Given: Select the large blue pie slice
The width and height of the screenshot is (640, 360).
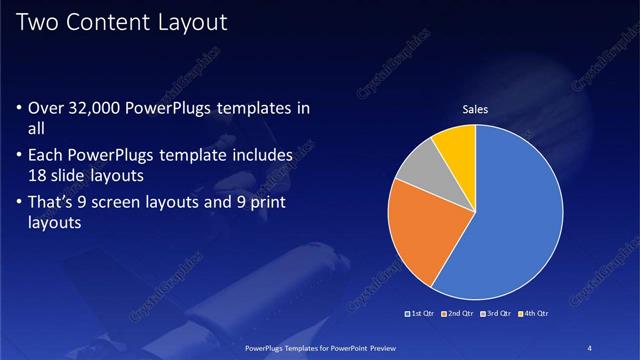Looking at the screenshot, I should click(x=510, y=220).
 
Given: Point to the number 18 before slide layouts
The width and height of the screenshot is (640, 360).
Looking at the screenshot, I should click(x=39, y=174).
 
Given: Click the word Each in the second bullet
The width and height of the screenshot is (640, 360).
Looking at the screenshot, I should click(x=49, y=157).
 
